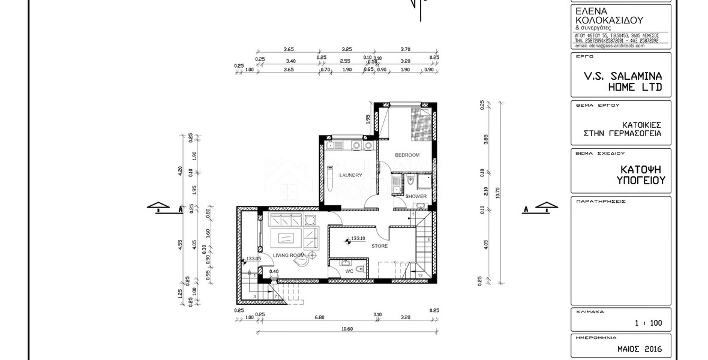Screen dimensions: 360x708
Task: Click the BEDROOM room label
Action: click(407, 155)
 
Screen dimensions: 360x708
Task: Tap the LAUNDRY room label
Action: click(350, 175)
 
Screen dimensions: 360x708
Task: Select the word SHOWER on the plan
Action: click(415, 196)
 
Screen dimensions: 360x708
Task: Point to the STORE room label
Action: click(379, 246)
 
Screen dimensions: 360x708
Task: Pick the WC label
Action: click(349, 271)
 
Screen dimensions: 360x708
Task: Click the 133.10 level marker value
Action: click(359, 238)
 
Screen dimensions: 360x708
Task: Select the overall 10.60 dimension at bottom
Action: click(347, 328)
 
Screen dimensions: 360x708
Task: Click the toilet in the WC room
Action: click(358, 269)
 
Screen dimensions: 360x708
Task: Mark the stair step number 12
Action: click(420, 275)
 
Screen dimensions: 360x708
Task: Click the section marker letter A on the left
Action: click(179, 210)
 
